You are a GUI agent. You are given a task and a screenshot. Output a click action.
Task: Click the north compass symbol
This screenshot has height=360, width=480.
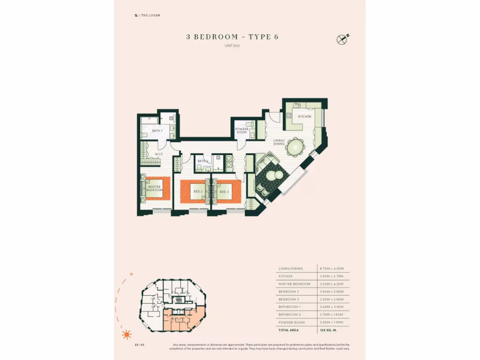click(x=342, y=40)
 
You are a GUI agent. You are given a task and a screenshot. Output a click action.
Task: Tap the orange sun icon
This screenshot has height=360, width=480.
click(x=126, y=334)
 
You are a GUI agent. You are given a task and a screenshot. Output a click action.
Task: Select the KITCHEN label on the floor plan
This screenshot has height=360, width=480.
click(x=305, y=116)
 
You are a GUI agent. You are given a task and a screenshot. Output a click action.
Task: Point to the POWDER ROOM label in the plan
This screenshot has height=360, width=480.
click(x=241, y=131)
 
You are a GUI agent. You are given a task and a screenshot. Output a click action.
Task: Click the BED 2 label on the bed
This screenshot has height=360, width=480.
click(x=198, y=192)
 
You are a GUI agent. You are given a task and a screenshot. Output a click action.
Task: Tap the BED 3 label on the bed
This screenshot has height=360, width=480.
click(x=224, y=192)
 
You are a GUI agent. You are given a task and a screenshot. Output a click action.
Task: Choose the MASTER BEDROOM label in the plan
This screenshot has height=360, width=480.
click(x=154, y=188)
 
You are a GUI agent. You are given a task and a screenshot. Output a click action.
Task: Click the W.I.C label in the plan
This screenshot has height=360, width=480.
click(x=158, y=154)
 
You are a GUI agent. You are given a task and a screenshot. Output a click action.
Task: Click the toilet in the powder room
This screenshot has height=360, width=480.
click(x=249, y=125)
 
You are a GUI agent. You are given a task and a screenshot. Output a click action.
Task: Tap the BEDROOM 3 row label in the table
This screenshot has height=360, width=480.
click(x=289, y=299)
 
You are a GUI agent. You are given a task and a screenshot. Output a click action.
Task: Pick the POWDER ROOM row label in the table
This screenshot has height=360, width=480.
click(x=292, y=322)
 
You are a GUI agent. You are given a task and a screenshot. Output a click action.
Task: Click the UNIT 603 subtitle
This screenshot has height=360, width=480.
click(x=232, y=45)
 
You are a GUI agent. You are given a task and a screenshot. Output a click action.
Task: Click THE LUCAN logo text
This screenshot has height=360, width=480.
click(x=149, y=15)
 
